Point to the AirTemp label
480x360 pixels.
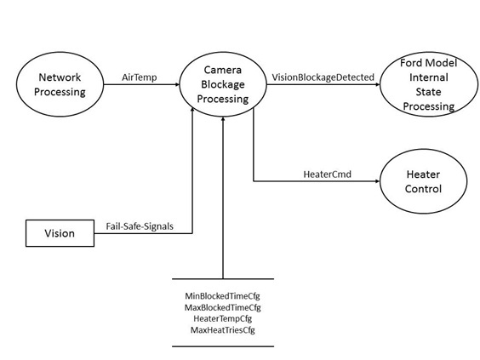click(140, 77)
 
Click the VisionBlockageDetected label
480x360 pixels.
click(323, 77)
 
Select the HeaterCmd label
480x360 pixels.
click(328, 174)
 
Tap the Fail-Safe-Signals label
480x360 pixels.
click(140, 226)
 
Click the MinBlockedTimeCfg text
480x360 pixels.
click(222, 296)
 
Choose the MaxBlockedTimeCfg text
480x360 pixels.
click(222, 307)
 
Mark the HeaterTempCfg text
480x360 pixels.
click(222, 318)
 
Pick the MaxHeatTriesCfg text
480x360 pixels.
click(222, 330)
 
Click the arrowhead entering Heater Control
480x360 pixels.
click(378, 181)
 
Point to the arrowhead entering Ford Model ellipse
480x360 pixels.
click(378, 84)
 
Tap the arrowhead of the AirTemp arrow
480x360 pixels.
click(177, 84)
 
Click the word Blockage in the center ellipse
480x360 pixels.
click(223, 84)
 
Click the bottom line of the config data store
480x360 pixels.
click(223, 346)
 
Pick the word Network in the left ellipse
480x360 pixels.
click(60, 77)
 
